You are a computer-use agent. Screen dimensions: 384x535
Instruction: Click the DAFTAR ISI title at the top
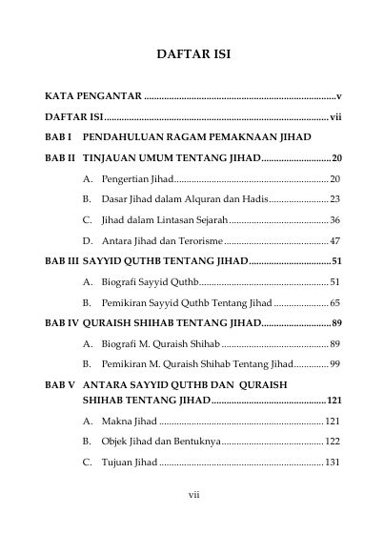[192, 55]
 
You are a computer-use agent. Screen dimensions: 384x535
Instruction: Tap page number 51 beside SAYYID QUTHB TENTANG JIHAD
[336, 260]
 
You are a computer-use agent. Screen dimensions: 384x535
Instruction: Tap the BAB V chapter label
[59, 385]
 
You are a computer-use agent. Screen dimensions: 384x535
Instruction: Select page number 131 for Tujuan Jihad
[333, 463]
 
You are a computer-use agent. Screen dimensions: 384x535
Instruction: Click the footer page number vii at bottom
[192, 495]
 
